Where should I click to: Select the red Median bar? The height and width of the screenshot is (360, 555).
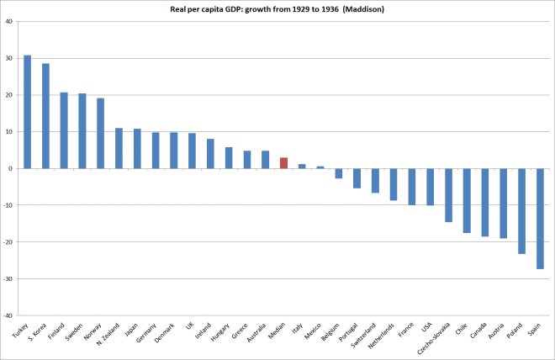tap(284, 163)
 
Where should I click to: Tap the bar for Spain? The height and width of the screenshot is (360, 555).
tap(540, 219)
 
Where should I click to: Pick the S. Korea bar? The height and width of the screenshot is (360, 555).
tap(45, 116)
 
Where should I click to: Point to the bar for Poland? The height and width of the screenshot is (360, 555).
tap(521, 211)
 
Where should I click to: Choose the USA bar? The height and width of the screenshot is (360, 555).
tap(430, 187)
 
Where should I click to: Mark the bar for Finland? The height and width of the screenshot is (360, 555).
tap(64, 130)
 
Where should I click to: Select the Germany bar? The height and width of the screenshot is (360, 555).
tap(156, 151)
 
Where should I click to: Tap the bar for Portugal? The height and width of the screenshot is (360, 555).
tap(357, 178)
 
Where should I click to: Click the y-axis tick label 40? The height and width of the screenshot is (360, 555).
tap(7, 21)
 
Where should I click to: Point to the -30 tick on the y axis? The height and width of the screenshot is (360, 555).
tap(7, 278)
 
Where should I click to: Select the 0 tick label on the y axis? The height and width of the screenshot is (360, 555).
tap(9, 168)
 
